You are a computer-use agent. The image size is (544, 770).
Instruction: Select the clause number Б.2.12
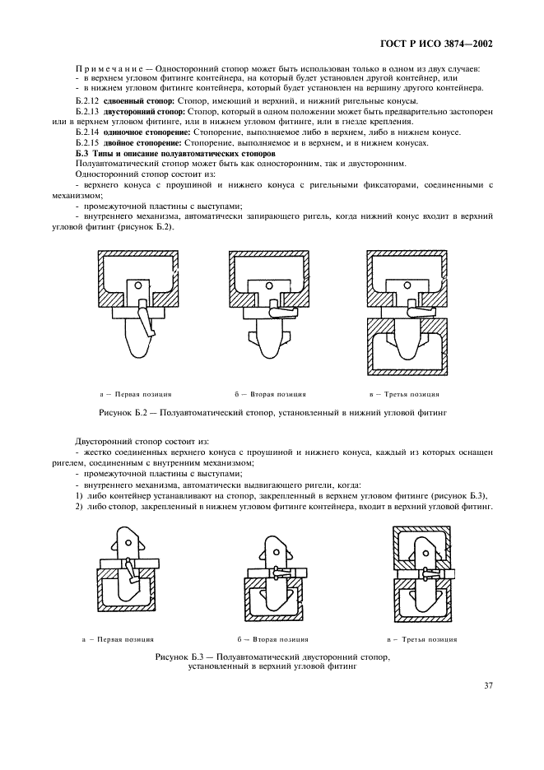click(86, 100)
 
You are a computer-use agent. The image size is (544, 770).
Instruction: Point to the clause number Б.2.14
click(86, 132)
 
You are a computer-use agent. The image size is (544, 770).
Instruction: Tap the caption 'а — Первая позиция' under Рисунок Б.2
click(136, 394)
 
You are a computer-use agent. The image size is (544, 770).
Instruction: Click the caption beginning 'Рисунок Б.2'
click(272, 412)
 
